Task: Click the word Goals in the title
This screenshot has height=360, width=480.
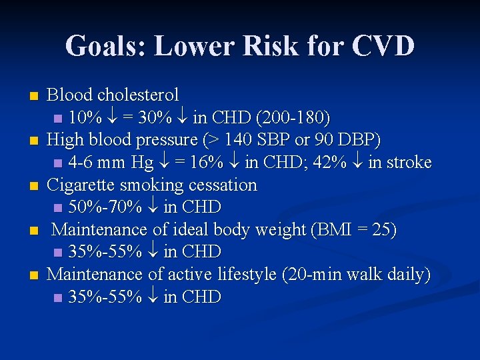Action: point(106,46)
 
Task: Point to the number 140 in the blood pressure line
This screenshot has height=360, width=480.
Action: point(241,140)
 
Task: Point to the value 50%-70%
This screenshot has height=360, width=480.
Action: point(105,207)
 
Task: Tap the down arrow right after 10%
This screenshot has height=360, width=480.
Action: point(111,119)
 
